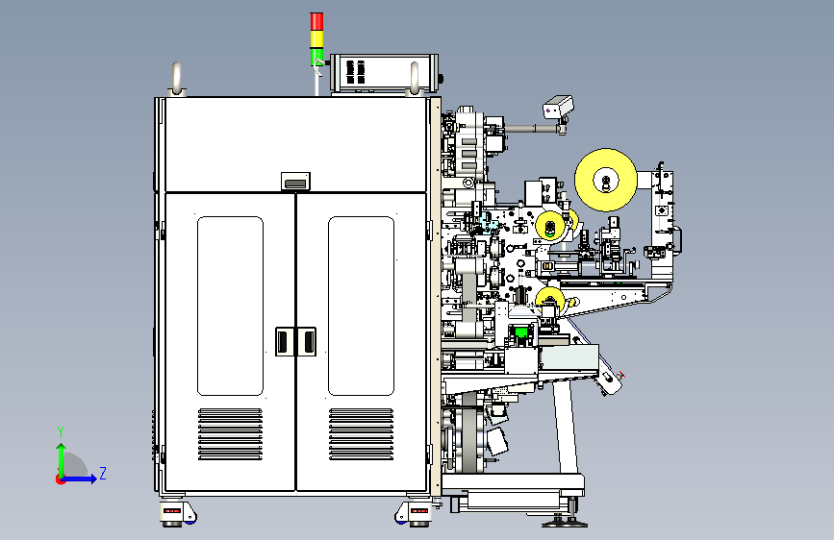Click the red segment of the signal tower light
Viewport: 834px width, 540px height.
316,22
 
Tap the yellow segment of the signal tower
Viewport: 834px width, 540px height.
316,39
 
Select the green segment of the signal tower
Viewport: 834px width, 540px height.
316,57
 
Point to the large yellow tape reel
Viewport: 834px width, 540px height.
606,181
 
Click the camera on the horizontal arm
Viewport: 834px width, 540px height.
558,106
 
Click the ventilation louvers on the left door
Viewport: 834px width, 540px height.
230,434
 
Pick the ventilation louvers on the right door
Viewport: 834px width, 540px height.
361,434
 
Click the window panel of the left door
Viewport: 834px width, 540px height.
230,306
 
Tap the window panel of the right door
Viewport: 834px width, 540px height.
361,306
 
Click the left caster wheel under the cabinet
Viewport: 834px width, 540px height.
178,514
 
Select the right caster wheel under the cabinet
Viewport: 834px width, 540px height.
413,514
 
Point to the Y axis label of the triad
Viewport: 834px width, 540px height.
61,432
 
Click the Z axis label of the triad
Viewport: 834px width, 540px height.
103,473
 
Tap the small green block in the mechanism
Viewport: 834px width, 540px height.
521,333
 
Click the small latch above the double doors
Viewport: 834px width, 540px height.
295,182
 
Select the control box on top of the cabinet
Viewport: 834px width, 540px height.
384,72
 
